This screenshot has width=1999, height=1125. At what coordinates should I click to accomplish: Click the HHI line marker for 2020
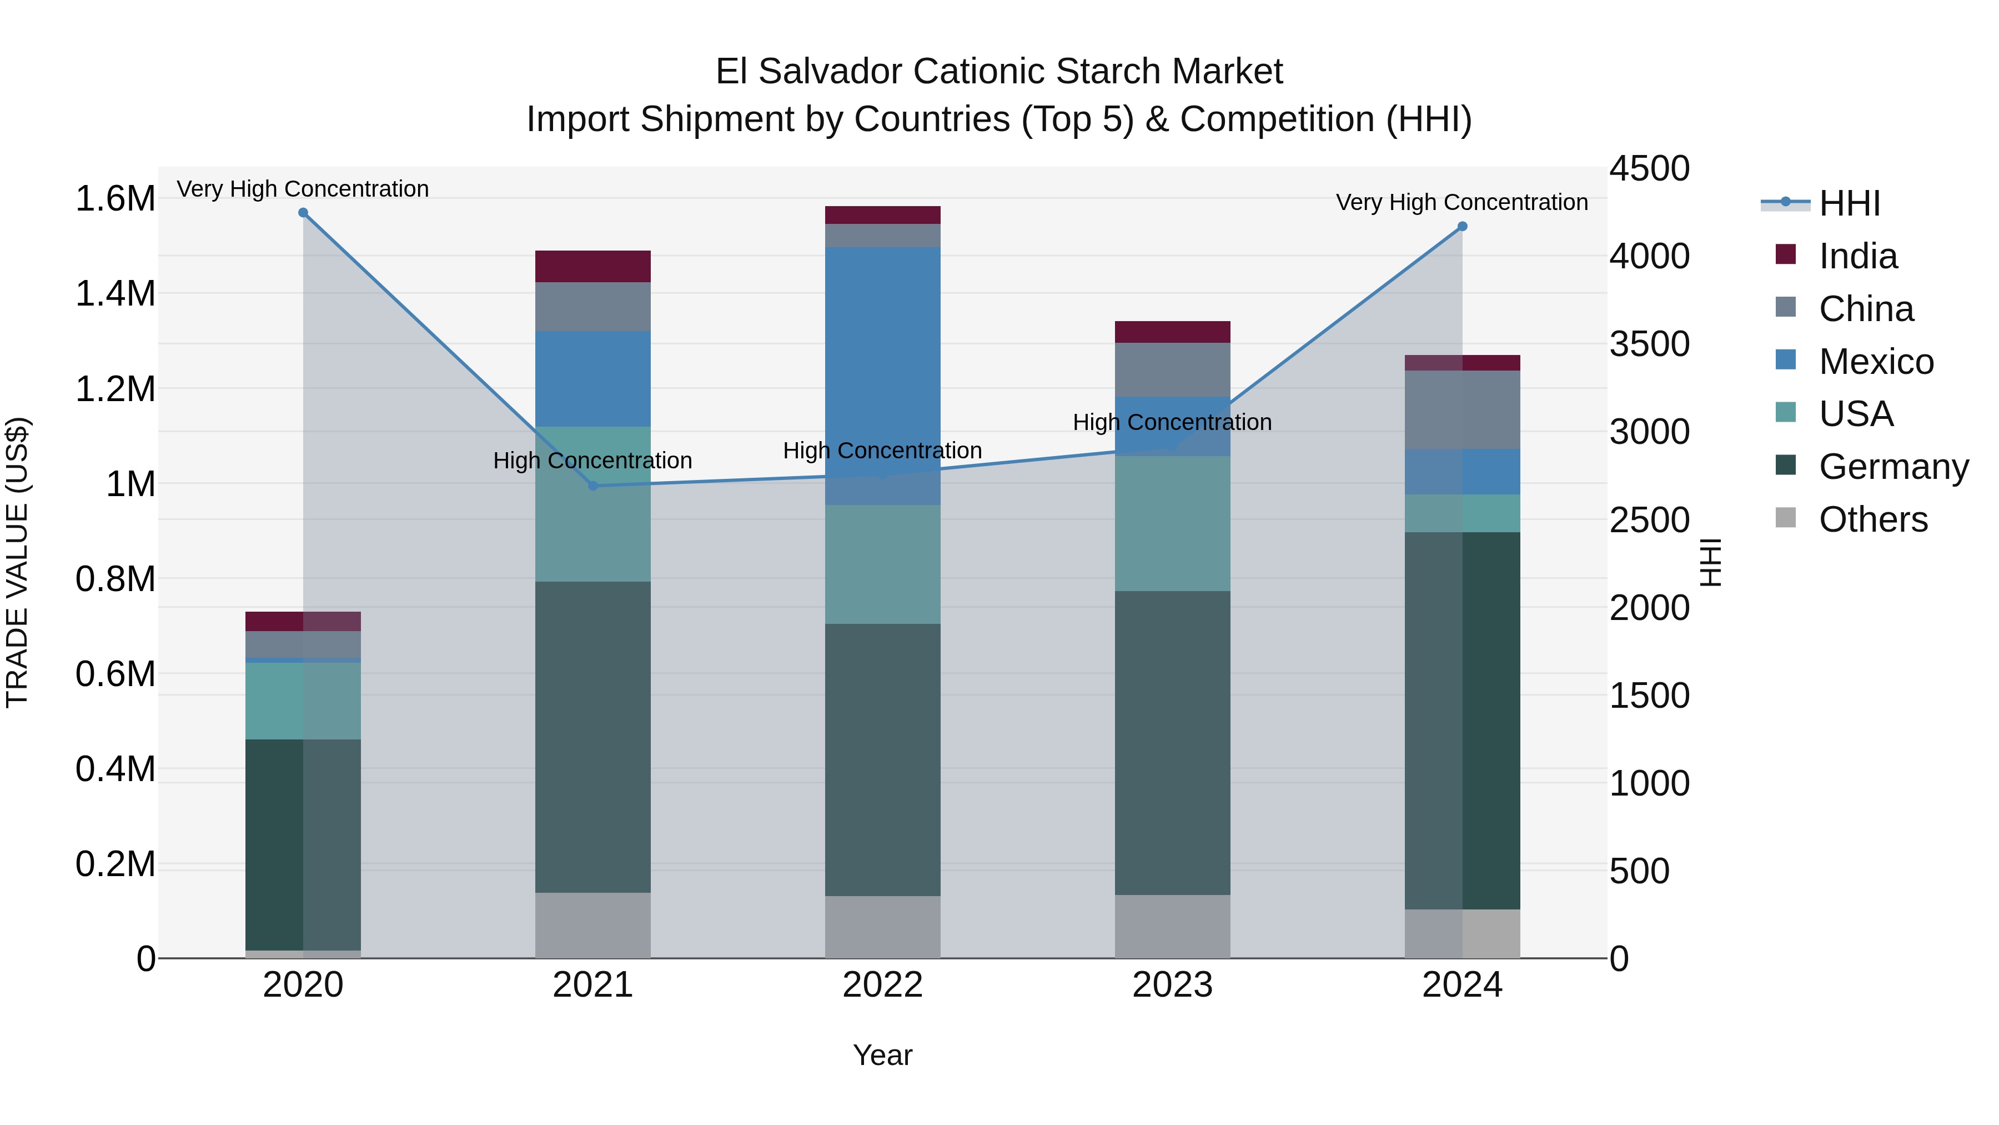click(303, 213)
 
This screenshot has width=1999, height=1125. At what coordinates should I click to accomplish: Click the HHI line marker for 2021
click(593, 486)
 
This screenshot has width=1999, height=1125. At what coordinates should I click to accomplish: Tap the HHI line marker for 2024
click(1462, 227)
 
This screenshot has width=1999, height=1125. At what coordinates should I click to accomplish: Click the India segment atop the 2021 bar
click(593, 266)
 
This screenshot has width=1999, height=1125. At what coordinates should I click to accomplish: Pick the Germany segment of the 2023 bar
click(1173, 743)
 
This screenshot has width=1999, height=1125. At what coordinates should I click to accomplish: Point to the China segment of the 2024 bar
click(1462, 410)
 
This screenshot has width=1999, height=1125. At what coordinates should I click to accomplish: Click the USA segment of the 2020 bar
click(303, 701)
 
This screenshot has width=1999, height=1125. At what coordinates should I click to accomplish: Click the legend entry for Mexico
click(1876, 362)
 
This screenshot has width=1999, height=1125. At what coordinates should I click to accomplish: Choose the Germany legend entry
click(1893, 467)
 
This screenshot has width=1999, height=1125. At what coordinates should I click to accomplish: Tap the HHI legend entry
click(1849, 203)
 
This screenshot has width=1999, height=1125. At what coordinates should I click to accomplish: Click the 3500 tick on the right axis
click(1649, 344)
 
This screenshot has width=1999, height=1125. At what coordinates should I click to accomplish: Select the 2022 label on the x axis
click(882, 985)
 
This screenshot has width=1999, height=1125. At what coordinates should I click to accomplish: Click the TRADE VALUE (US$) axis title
click(17, 562)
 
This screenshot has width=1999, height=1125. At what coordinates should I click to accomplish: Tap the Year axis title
click(882, 1055)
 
